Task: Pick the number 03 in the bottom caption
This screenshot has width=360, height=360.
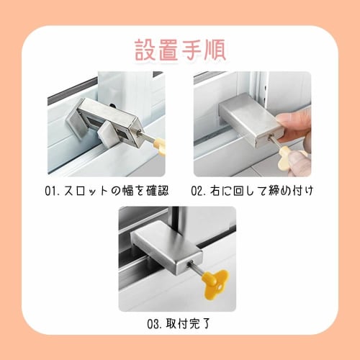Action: coord(153,324)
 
